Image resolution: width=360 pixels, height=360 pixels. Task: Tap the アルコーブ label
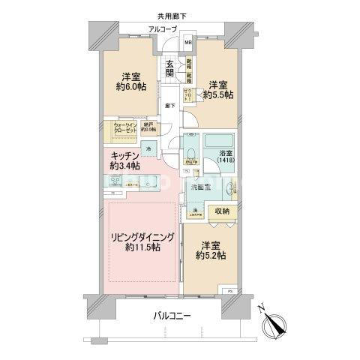pos(163,30)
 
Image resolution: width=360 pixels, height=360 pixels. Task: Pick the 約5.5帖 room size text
pos(221,95)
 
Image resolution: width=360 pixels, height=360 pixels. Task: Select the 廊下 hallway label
pos(170,106)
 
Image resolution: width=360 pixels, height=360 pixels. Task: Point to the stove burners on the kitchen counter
pos(117,182)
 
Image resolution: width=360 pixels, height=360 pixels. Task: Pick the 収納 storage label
pos(223,212)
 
